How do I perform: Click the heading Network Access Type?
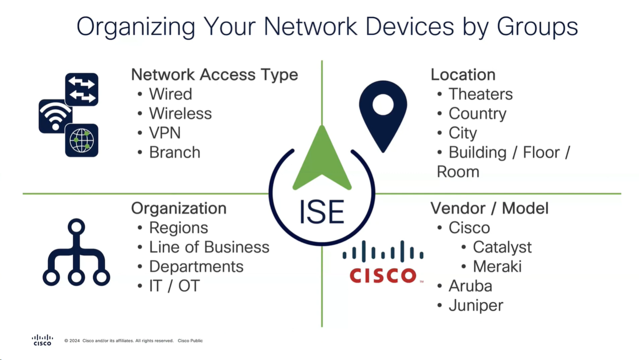pyautogui.click(x=215, y=75)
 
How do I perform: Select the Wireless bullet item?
pyautogui.click(x=180, y=114)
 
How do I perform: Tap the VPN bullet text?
pyautogui.click(x=165, y=133)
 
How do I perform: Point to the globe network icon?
pyautogui.click(x=82, y=140)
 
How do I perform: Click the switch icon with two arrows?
pyautogui.click(x=82, y=90)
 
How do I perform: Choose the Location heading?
pyautogui.click(x=463, y=75)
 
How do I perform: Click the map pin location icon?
pyautogui.click(x=383, y=116)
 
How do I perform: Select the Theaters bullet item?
pyautogui.click(x=480, y=94)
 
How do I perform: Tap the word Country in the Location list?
pyautogui.click(x=477, y=114)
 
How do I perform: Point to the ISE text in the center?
pyautogui.click(x=322, y=212)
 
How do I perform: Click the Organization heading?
pyautogui.click(x=179, y=208)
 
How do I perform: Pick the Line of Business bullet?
pyautogui.click(x=209, y=247)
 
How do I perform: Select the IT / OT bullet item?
pyautogui.click(x=174, y=286)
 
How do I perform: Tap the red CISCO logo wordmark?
pyautogui.click(x=383, y=276)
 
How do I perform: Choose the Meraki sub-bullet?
pyautogui.click(x=497, y=266)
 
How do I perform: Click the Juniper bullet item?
pyautogui.click(x=476, y=305)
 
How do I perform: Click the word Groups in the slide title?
pyautogui.click(x=537, y=27)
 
